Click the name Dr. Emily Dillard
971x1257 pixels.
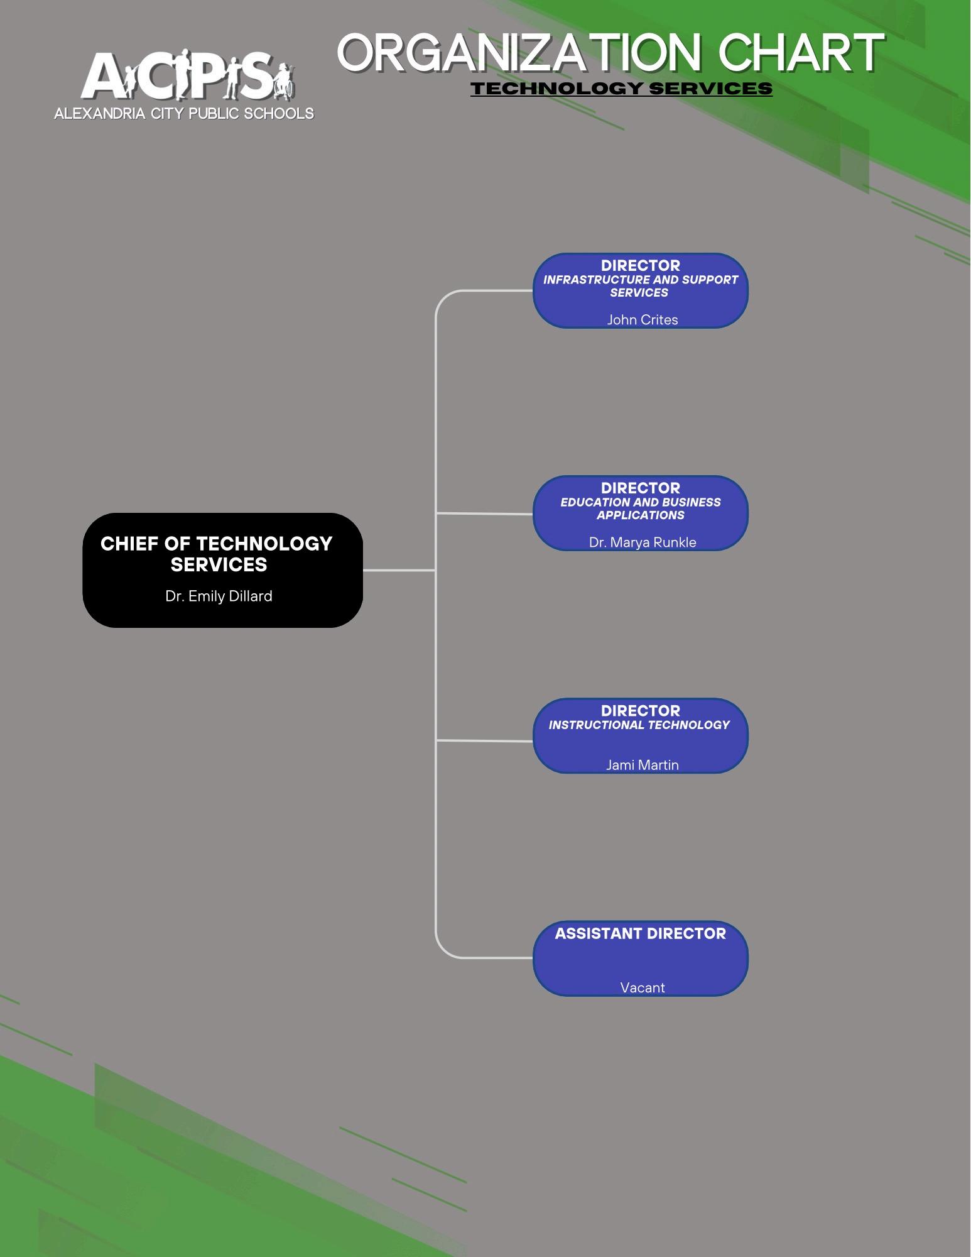pyautogui.click(x=219, y=596)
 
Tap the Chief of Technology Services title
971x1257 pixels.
pyautogui.click(x=217, y=554)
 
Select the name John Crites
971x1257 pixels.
pyautogui.click(x=642, y=319)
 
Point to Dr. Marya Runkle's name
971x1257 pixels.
pyautogui.click(x=642, y=542)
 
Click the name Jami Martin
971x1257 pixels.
pyautogui.click(x=642, y=764)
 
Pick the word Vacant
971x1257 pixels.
pyautogui.click(x=642, y=987)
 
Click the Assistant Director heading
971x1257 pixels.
pyautogui.click(x=640, y=933)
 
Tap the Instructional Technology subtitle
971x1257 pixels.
pyautogui.click(x=639, y=725)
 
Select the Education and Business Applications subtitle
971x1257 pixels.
pyautogui.click(x=640, y=508)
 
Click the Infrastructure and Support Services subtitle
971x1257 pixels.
pyautogui.click(x=640, y=286)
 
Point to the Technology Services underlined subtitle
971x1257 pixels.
pyautogui.click(x=621, y=89)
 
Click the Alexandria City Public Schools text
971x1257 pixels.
pyautogui.click(x=184, y=114)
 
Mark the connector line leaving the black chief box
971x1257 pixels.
pyautogui.click(x=399, y=570)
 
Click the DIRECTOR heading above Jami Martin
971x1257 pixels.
pyautogui.click(x=640, y=711)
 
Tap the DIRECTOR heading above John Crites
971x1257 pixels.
pyautogui.click(x=640, y=265)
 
